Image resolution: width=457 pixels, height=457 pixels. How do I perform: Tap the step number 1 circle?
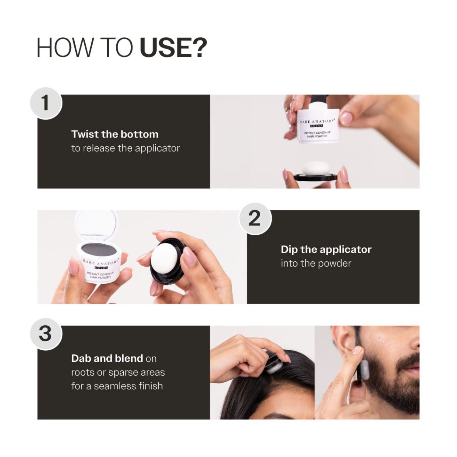(x=46, y=103)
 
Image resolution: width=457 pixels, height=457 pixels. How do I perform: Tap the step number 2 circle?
(x=255, y=218)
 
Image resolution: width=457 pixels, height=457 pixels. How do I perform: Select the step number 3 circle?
(x=46, y=334)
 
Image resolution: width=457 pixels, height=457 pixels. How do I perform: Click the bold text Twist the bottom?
(x=115, y=134)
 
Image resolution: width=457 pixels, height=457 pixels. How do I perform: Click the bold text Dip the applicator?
(x=326, y=249)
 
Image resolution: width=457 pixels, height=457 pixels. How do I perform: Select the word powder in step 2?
(x=335, y=263)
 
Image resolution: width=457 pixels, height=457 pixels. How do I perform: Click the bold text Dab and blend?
(x=107, y=358)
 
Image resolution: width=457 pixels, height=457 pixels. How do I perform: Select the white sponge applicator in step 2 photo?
(x=165, y=257)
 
